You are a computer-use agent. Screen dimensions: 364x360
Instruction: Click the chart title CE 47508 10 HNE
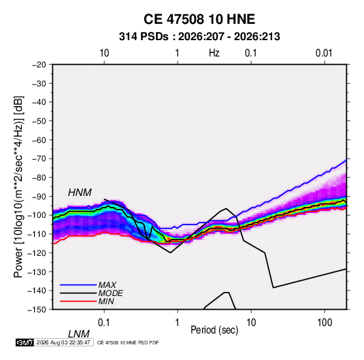pyautogui.click(x=199, y=19)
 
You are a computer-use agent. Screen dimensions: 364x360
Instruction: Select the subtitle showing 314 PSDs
pyautogui.click(x=199, y=37)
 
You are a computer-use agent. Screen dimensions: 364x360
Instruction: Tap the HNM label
pyautogui.click(x=80, y=193)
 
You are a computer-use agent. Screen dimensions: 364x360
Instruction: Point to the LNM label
pyautogui.click(x=79, y=334)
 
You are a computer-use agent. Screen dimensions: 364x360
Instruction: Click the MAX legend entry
pyautogui.click(x=107, y=284)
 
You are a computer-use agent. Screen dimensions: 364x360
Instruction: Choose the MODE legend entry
pyautogui.click(x=110, y=293)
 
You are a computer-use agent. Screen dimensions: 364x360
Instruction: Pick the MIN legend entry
pyautogui.click(x=106, y=301)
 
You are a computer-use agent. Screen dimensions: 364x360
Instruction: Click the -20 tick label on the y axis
pyautogui.click(x=39, y=65)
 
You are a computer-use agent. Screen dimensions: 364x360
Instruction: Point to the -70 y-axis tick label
pyautogui.click(x=39, y=159)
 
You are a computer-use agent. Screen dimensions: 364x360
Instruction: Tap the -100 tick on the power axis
pyautogui.click(x=37, y=215)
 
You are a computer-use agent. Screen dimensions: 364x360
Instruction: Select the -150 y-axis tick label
pyautogui.click(x=37, y=310)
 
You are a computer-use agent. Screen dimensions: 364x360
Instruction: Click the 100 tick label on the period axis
pyautogui.click(x=325, y=323)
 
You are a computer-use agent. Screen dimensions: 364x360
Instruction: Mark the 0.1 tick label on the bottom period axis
pyautogui.click(x=104, y=323)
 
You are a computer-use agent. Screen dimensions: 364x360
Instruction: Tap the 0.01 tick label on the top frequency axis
pyautogui.click(x=324, y=53)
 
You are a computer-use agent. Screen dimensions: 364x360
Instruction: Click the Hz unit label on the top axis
pyautogui.click(x=214, y=53)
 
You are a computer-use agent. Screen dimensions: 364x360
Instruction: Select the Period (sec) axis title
pyautogui.click(x=214, y=330)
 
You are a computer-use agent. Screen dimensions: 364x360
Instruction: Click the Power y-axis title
pyautogui.click(x=18, y=186)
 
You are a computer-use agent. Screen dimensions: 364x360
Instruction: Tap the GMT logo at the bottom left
pyautogui.click(x=24, y=342)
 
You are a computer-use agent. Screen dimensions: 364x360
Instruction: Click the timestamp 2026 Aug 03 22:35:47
pyautogui.click(x=63, y=342)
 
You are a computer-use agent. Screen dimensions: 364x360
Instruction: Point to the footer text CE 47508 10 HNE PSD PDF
pyautogui.click(x=128, y=343)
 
